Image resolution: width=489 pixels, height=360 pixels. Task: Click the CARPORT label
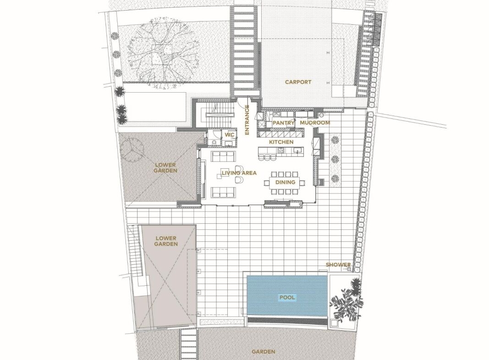(x=298, y=82)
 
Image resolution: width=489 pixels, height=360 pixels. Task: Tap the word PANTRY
(x=283, y=122)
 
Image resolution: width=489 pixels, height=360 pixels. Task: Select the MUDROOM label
(x=315, y=122)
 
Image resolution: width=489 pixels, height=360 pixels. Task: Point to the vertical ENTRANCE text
(x=247, y=120)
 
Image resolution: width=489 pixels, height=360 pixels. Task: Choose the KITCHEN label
(x=281, y=142)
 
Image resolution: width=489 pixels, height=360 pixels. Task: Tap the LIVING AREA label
(x=239, y=173)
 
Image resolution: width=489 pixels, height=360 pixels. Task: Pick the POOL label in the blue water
(x=287, y=297)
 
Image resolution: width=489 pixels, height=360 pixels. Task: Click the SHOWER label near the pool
(x=338, y=265)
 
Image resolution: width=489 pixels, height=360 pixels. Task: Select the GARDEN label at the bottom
(x=264, y=352)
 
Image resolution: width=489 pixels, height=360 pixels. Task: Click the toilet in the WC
(x=213, y=143)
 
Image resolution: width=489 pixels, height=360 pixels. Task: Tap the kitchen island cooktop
(x=281, y=151)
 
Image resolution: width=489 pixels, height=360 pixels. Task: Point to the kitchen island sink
(x=298, y=151)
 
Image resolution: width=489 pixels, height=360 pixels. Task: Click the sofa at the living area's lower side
(x=223, y=192)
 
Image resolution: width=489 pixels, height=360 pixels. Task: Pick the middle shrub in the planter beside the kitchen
(x=335, y=159)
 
